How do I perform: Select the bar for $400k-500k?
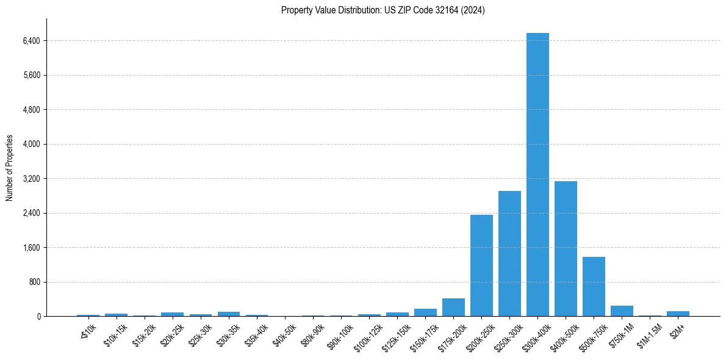point(566,248)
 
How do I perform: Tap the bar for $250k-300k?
point(509,253)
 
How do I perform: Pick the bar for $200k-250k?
point(481,265)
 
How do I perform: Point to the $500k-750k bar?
point(594,286)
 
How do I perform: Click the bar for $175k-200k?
point(453,308)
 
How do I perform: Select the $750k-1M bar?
point(622,311)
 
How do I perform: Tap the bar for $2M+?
point(678,314)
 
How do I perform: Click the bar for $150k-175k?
point(425,312)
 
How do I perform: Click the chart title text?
point(383,10)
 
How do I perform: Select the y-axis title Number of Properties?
point(10,168)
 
